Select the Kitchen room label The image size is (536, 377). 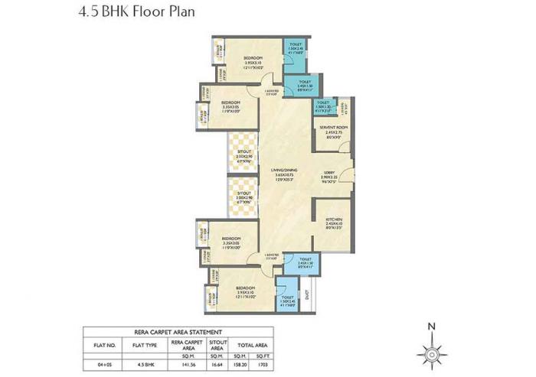point(333,222)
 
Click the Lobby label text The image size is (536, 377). point(328,176)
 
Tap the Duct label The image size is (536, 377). point(306,294)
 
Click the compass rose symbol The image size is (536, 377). point(433,354)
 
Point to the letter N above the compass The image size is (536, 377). point(432,328)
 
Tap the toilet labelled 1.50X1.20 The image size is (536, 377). point(323,106)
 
